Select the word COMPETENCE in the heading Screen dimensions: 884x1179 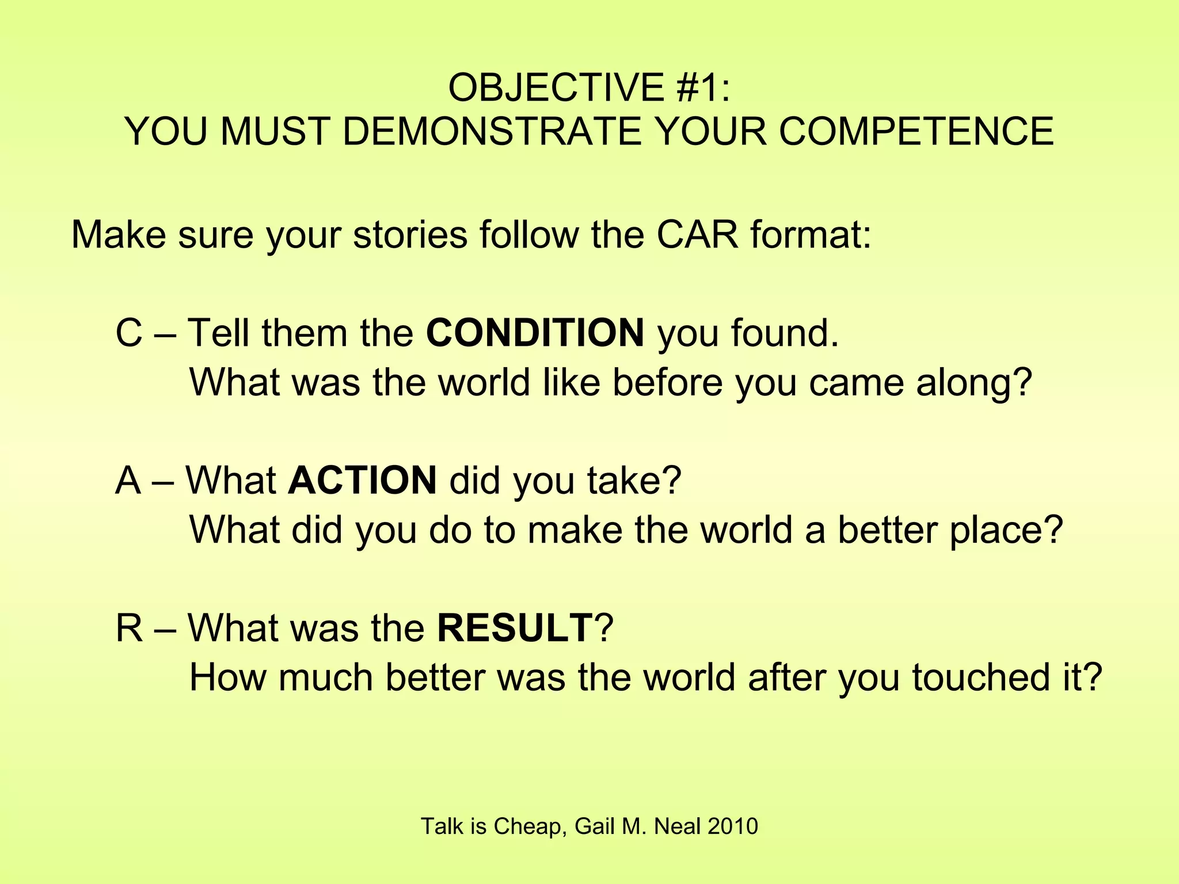point(916,132)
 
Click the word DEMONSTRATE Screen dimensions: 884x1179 point(492,132)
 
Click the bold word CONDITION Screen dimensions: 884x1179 point(535,333)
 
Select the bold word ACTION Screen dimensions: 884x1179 point(362,480)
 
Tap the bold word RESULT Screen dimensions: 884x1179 point(514,627)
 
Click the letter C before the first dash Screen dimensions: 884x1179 point(129,333)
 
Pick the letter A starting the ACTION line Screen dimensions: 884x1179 point(128,480)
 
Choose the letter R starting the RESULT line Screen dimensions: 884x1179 point(129,627)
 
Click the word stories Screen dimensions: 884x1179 point(410,235)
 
